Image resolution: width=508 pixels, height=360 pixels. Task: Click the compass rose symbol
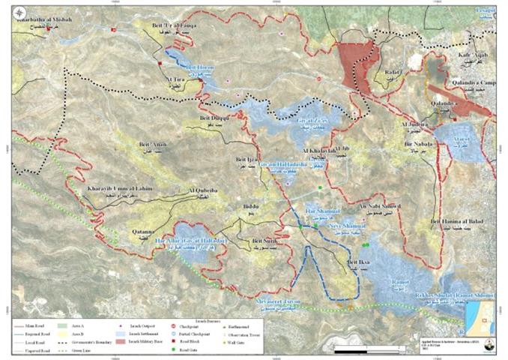pos(487,346)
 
